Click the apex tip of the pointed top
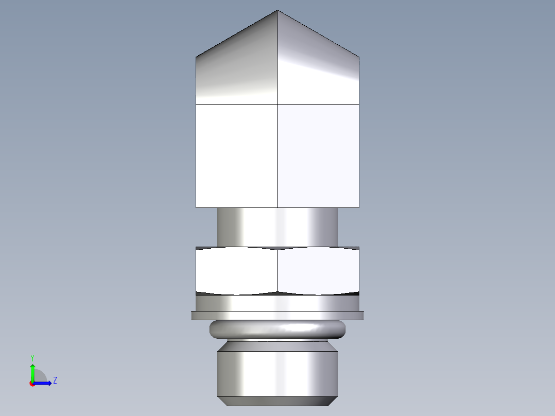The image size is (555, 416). (277, 11)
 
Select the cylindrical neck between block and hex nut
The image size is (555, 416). (277, 227)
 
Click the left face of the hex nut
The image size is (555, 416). (237, 271)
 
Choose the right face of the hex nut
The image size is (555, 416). (318, 271)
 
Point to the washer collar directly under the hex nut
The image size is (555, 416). (277, 303)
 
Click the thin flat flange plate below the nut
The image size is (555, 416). (277, 316)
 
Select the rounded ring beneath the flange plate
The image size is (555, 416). (277, 329)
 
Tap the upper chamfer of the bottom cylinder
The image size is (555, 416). (277, 346)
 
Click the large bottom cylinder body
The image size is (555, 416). (277, 374)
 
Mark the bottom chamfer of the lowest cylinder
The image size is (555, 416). (277, 401)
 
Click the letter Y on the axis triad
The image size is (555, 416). (32, 357)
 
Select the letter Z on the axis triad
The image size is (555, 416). (55, 380)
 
